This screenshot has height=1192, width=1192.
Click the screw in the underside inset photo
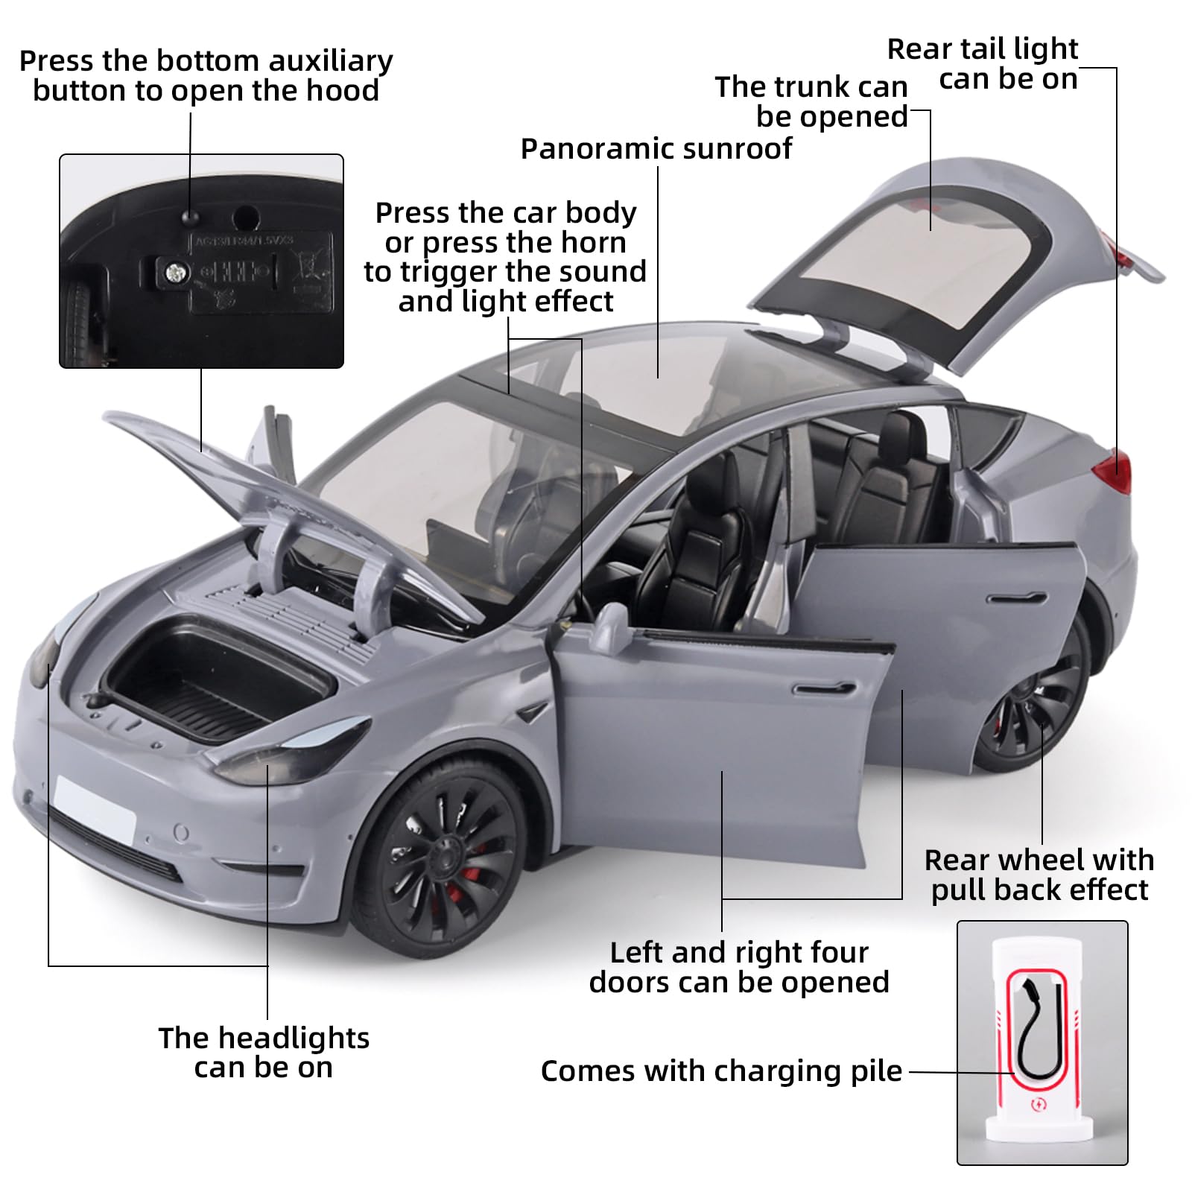176,273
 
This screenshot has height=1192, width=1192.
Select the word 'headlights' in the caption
294,1038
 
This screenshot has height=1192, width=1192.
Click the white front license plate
95,808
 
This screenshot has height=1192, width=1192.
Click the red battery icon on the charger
1038,1105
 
